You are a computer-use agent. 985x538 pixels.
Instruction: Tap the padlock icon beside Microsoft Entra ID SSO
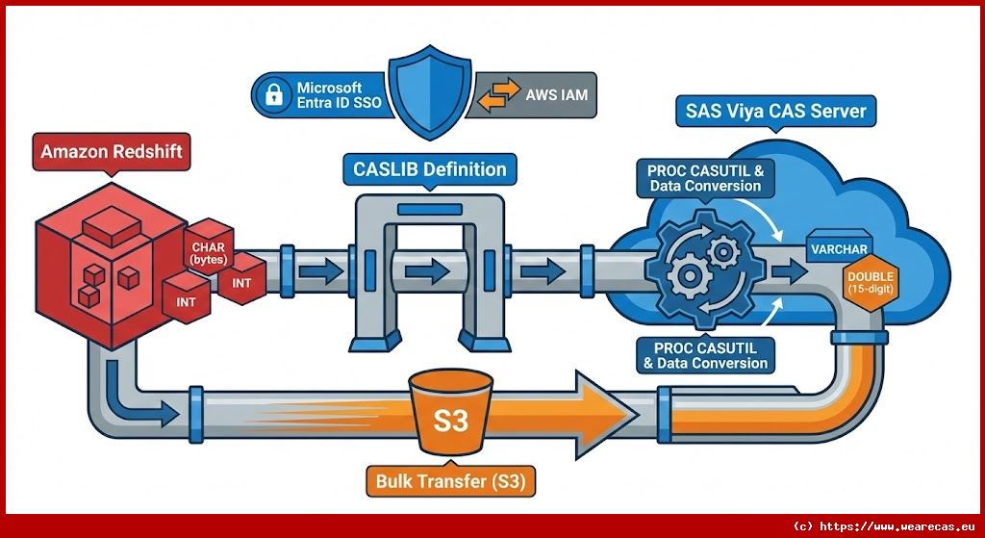tap(274, 94)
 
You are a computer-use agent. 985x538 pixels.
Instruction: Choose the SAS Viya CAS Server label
tap(775, 111)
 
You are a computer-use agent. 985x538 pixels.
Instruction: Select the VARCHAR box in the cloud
tap(839, 250)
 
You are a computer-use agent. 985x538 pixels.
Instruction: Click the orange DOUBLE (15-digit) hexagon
tap(870, 284)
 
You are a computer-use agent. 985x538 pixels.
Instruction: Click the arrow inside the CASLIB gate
tap(425, 272)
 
